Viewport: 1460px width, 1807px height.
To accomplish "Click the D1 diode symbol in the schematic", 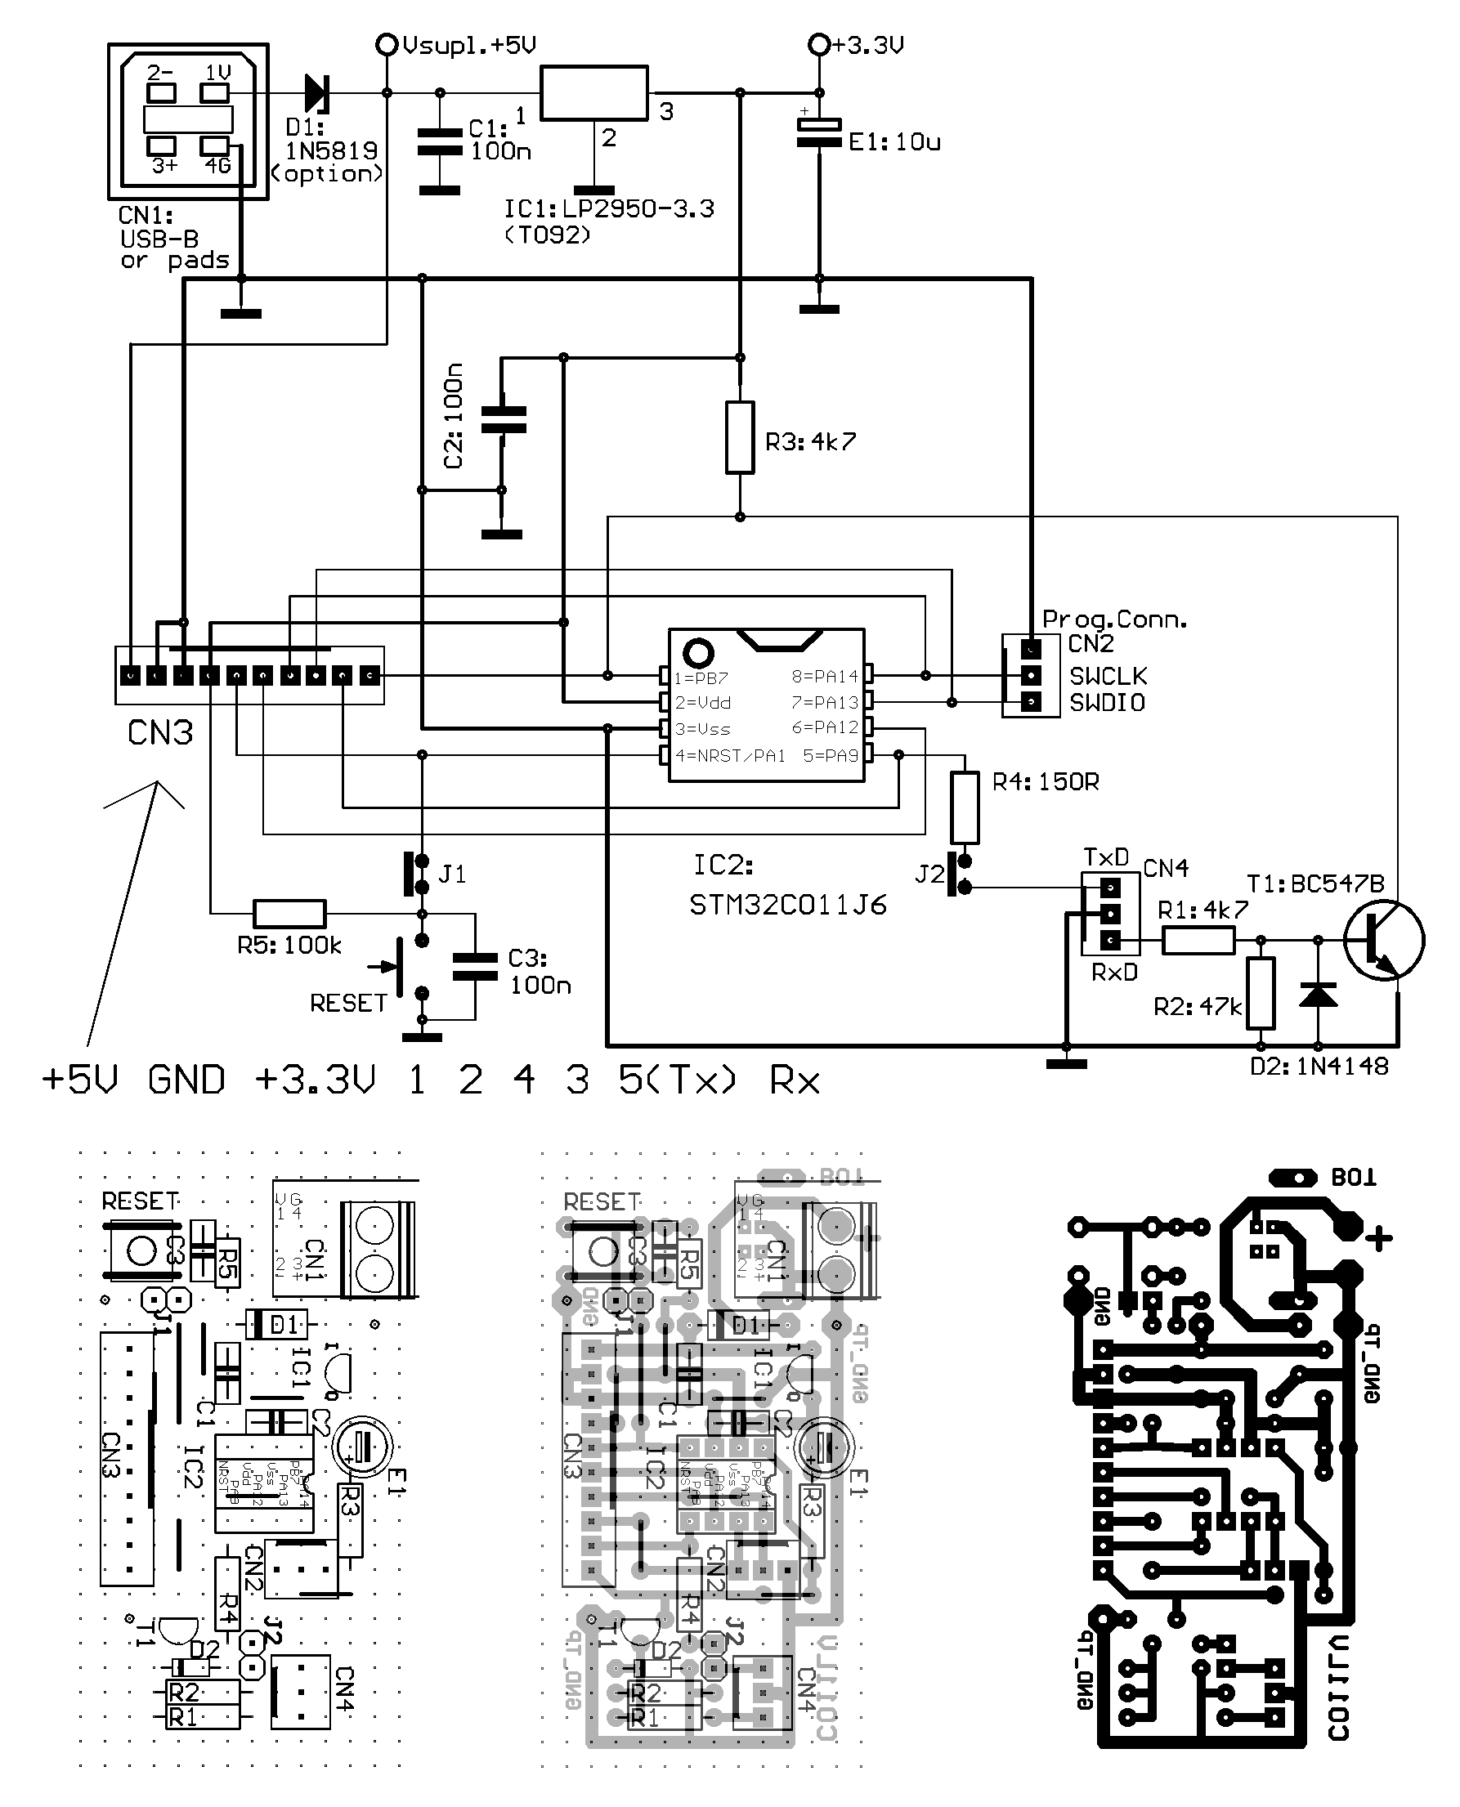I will point(318,92).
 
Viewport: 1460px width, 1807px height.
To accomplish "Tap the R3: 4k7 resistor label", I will point(810,442).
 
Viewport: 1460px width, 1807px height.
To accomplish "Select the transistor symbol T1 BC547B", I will point(1382,940).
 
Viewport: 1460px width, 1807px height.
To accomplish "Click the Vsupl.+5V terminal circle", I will point(386,45).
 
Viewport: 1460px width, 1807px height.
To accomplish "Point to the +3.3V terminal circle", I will point(818,45).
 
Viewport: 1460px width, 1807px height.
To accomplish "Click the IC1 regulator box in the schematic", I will point(593,93).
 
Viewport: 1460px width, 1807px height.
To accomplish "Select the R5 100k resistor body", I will point(289,913).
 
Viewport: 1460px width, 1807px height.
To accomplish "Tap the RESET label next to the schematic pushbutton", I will point(348,1003).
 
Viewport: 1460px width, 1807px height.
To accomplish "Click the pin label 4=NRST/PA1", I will point(730,756).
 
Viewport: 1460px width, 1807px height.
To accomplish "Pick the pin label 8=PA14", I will point(824,676).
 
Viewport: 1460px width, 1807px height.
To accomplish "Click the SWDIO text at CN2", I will point(1107,703).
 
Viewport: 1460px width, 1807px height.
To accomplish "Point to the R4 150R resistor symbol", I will point(965,807).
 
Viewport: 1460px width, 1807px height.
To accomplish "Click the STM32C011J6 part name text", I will point(788,906).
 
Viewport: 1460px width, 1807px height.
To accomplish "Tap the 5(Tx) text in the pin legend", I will point(677,1080).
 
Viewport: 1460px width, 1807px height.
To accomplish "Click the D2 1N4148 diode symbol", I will point(1318,995).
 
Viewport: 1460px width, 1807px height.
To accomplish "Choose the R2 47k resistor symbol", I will point(1260,993).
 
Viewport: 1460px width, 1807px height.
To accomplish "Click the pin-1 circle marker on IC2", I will point(699,651).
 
